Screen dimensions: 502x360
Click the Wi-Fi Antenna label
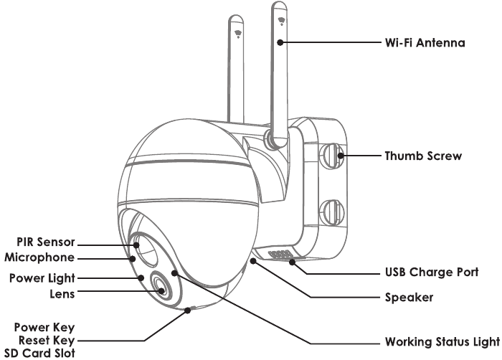pyautogui.click(x=425, y=42)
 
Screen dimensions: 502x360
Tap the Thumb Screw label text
pyautogui.click(x=423, y=156)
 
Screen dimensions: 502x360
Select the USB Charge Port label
pyautogui.click(x=432, y=273)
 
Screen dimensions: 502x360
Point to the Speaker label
pyautogui.click(x=409, y=298)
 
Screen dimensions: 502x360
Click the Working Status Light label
pyautogui.click(x=442, y=342)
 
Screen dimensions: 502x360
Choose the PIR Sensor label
pyautogui.click(x=46, y=242)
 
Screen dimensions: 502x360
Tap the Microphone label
pyautogui.click(x=39, y=257)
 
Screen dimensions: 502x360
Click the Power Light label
pyautogui.click(x=42, y=278)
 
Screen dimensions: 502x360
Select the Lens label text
pyautogui.click(x=62, y=294)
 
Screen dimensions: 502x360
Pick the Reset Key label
pyautogui.click(x=47, y=341)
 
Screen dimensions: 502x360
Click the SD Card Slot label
pyautogui.click(x=39, y=354)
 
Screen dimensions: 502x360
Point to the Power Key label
pyautogui.click(x=44, y=328)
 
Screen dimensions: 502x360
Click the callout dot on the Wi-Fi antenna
pyautogui.click(x=280, y=42)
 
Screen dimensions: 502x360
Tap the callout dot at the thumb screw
pyautogui.click(x=341, y=156)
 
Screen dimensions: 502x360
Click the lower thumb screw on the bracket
pyautogui.click(x=332, y=212)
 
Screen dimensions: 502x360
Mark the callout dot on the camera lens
pyautogui.click(x=161, y=291)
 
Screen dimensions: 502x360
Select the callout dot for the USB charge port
pyautogui.click(x=292, y=262)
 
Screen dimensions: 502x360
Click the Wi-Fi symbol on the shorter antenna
pyautogui.click(x=238, y=34)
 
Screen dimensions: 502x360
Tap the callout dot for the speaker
pyautogui.click(x=253, y=261)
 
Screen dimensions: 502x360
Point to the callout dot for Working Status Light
pyautogui.click(x=174, y=273)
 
